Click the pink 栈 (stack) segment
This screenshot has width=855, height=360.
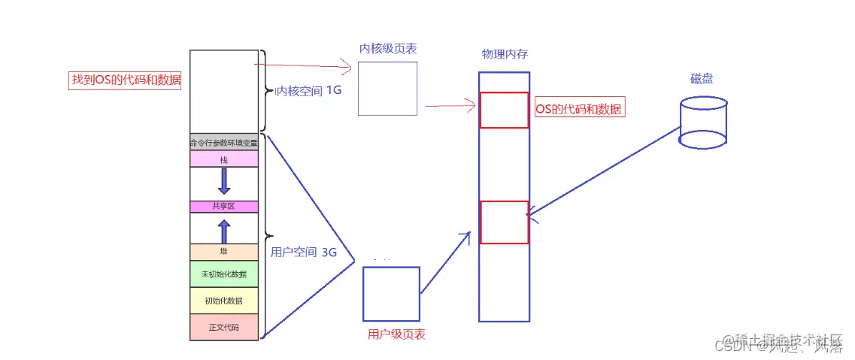(224, 159)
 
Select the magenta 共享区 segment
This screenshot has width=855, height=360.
(224, 206)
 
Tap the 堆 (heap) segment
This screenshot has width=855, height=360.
(224, 252)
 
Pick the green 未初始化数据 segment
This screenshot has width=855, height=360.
(224, 274)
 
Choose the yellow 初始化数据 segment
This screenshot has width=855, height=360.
(224, 301)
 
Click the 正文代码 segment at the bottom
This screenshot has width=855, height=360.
(224, 326)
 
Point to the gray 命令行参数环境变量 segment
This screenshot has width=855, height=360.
(224, 142)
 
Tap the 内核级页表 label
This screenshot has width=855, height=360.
(388, 49)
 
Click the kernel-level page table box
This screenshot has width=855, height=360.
(387, 88)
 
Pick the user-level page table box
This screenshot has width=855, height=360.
(391, 293)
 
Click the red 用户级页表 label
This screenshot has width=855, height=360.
(396, 334)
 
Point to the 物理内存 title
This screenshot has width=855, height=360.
(504, 55)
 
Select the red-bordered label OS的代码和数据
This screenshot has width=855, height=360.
(579, 109)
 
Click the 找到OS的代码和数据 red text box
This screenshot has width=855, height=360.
(125, 80)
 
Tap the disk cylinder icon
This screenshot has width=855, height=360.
(703, 122)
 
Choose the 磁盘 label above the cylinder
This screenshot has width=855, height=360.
(702, 79)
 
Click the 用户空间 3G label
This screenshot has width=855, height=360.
(303, 253)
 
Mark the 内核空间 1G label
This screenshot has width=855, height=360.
(308, 91)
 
